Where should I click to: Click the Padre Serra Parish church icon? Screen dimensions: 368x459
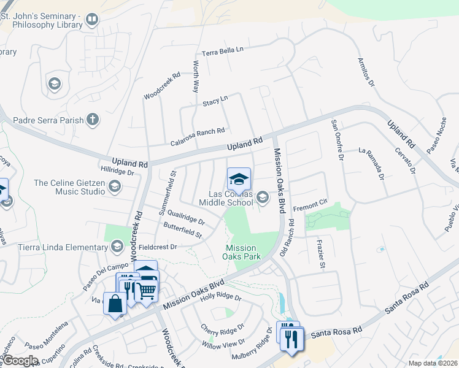93,119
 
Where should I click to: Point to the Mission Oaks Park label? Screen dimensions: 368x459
242,252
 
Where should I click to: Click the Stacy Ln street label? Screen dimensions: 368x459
215,101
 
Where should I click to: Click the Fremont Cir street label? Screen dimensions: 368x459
312,209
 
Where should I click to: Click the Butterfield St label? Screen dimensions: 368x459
182,231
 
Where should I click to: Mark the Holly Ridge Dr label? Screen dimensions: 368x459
221,299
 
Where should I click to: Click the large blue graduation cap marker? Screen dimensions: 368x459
239,180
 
